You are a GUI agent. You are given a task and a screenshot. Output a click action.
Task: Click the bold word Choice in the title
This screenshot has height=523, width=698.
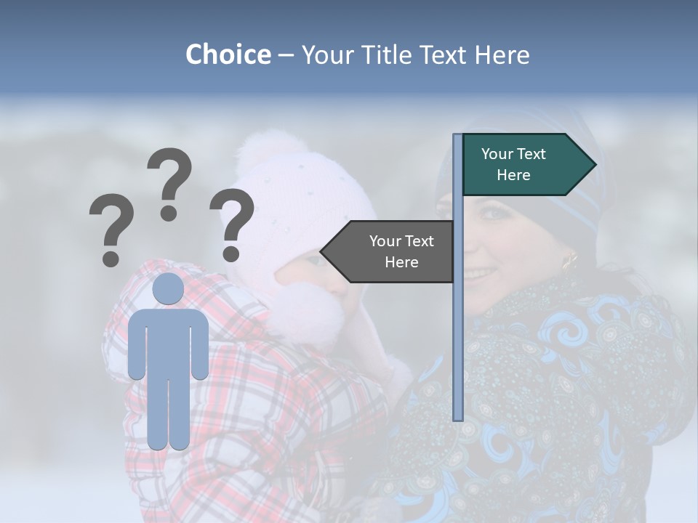228,54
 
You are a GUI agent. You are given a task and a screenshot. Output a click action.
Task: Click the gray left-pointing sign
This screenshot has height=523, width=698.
393,251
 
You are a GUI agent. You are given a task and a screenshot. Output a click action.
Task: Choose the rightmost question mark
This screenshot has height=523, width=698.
233,224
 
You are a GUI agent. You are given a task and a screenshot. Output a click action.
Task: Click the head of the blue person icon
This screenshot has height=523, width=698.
168,288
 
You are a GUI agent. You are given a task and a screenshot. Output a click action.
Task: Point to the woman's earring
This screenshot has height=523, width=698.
569,259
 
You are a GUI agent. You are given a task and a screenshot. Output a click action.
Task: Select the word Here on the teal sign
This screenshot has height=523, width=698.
513,175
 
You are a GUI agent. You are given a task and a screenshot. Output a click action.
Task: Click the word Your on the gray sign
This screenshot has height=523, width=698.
385,241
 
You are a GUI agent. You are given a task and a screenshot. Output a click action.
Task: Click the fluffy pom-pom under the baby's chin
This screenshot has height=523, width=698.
309,317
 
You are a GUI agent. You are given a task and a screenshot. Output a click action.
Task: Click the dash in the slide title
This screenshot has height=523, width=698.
286,55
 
